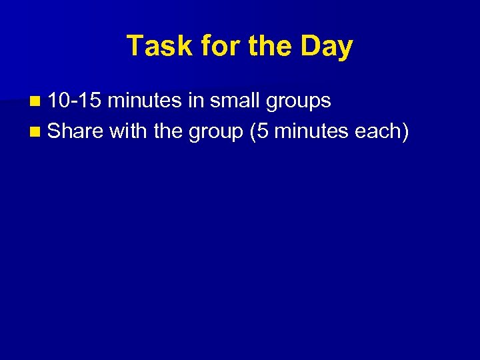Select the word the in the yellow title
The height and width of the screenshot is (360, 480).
254,46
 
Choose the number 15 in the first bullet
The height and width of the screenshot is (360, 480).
90,101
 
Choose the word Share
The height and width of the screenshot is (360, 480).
75,131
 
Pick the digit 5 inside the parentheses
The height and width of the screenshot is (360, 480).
262,131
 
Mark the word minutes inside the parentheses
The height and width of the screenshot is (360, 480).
311,131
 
